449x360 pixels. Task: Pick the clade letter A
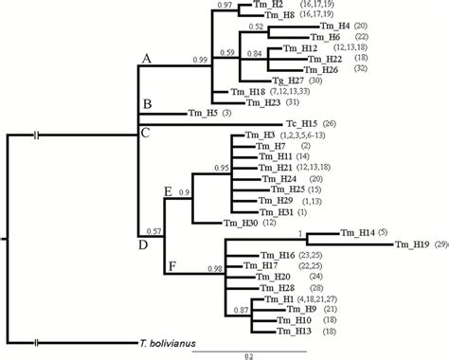click(146, 59)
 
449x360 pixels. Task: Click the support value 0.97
click(224, 6)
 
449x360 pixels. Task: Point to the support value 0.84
click(253, 55)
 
